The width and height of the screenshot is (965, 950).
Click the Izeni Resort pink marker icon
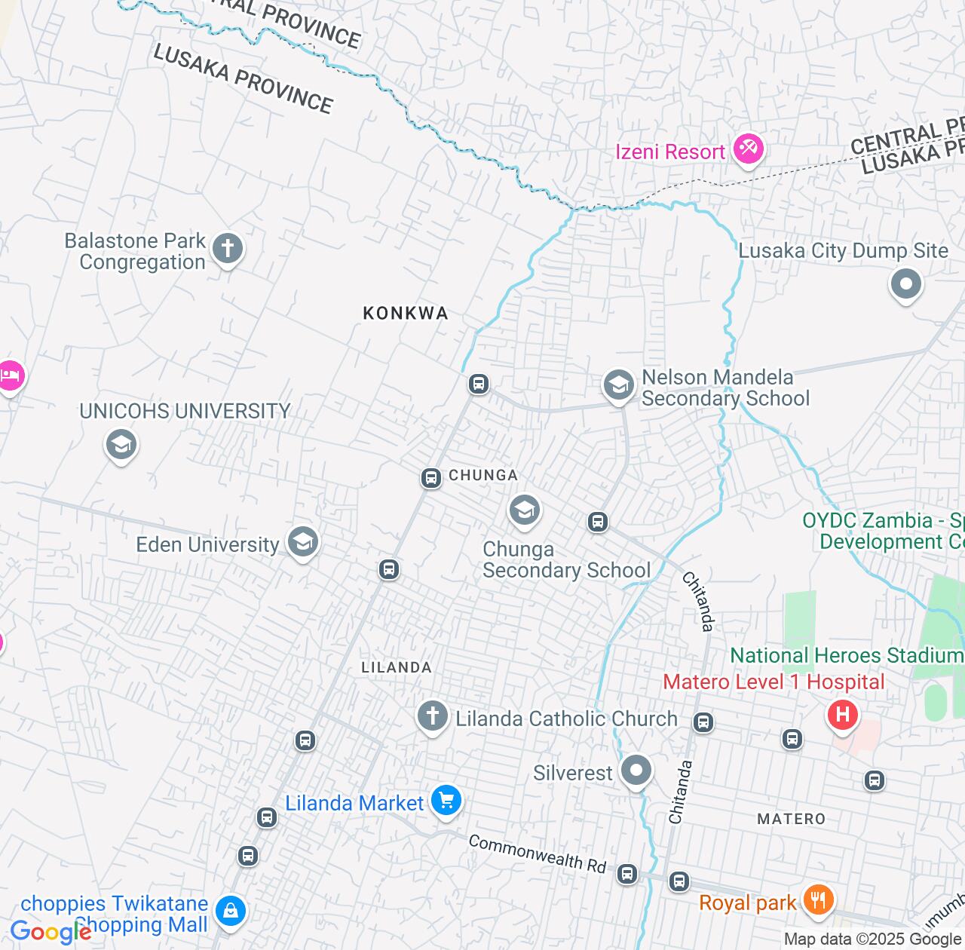[748, 149]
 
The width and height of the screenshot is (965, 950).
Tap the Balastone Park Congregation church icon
[227, 248]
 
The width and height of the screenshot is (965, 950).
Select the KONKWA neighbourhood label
[406, 313]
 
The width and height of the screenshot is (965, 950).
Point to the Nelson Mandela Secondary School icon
[618, 385]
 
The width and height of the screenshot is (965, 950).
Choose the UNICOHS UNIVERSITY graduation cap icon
[121, 444]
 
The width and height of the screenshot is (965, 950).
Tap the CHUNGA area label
[483, 475]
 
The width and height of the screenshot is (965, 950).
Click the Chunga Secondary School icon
[524, 510]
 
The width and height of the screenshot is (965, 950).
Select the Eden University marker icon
[302, 541]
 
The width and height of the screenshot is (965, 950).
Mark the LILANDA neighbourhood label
[397, 667]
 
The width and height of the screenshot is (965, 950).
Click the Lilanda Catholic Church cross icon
[432, 715]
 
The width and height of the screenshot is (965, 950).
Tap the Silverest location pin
[636, 771]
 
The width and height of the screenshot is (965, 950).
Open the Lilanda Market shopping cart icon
[446, 800]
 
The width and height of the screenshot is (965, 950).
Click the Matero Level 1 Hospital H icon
[842, 713]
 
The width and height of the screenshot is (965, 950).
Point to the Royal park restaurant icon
[817, 899]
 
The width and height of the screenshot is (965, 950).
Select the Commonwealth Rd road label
[538, 853]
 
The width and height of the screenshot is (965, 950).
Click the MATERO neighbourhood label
[791, 819]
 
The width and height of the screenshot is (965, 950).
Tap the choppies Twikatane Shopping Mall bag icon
[230, 911]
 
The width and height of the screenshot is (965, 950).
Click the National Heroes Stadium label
[847, 656]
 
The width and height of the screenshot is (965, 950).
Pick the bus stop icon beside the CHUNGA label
[430, 478]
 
